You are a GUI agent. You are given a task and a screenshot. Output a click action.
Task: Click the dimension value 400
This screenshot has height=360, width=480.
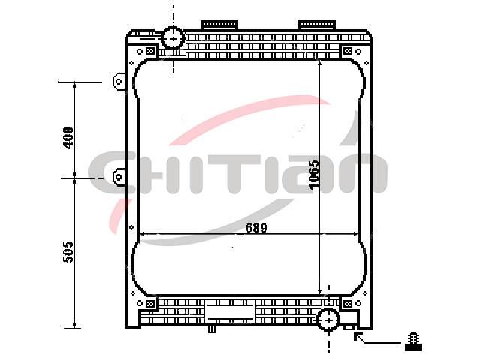click(x=68, y=138)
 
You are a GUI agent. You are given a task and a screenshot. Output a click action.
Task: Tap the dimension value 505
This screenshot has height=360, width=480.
click(x=68, y=252)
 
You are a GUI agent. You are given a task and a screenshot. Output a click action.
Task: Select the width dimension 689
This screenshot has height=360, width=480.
click(x=256, y=227)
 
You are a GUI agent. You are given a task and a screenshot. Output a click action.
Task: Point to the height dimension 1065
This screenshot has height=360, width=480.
click(x=313, y=175)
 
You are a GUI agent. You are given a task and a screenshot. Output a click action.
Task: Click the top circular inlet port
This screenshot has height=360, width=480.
click(x=173, y=38)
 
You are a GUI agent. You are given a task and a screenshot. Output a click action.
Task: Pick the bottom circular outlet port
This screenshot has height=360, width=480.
click(x=328, y=319)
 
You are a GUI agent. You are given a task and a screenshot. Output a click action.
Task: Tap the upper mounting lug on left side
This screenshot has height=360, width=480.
click(x=118, y=82)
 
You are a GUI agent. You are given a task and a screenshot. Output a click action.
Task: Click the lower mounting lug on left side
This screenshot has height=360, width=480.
click(x=118, y=177)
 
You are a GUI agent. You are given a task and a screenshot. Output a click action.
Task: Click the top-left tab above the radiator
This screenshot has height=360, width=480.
click(x=220, y=25)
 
